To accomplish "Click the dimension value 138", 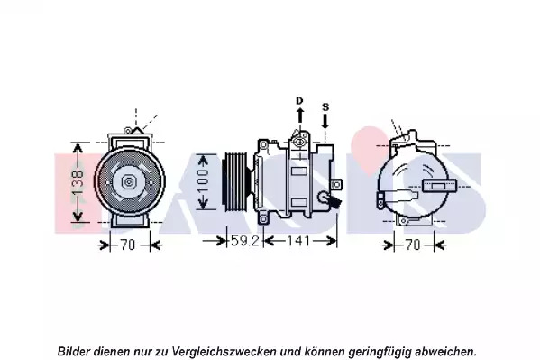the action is (78, 182).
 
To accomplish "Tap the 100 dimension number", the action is (203, 181).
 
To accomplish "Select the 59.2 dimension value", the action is (244, 240).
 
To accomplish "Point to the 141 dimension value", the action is (298, 241).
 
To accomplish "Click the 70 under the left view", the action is (128, 245).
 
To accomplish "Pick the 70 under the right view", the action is (413, 245).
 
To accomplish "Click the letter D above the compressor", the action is (299, 101).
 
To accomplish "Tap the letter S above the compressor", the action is (325, 106).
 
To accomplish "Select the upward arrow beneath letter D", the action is (300, 115).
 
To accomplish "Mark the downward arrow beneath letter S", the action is (325, 121).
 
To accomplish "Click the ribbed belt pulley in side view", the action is (236, 181).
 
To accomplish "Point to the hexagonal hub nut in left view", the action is (128, 181).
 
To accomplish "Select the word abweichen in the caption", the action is (445, 351).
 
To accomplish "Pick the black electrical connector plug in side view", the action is (334, 203).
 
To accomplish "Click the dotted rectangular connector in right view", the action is (439, 186).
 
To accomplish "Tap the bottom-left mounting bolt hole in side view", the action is (263, 219).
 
